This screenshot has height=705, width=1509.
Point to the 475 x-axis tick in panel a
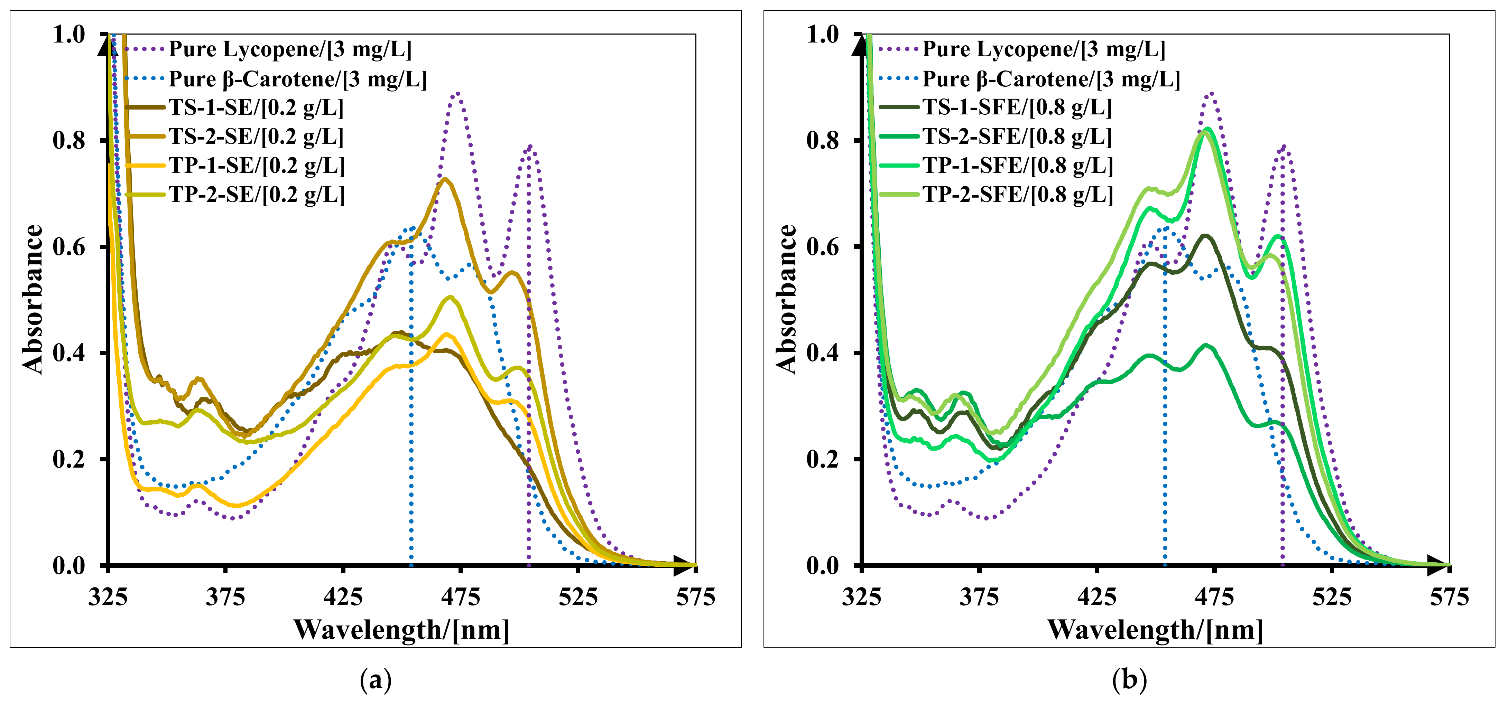tap(461, 597)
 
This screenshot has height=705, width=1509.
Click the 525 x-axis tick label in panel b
tap(1332, 597)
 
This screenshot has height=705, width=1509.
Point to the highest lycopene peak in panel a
tap(457, 93)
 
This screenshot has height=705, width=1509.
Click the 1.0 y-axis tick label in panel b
tap(823, 35)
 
